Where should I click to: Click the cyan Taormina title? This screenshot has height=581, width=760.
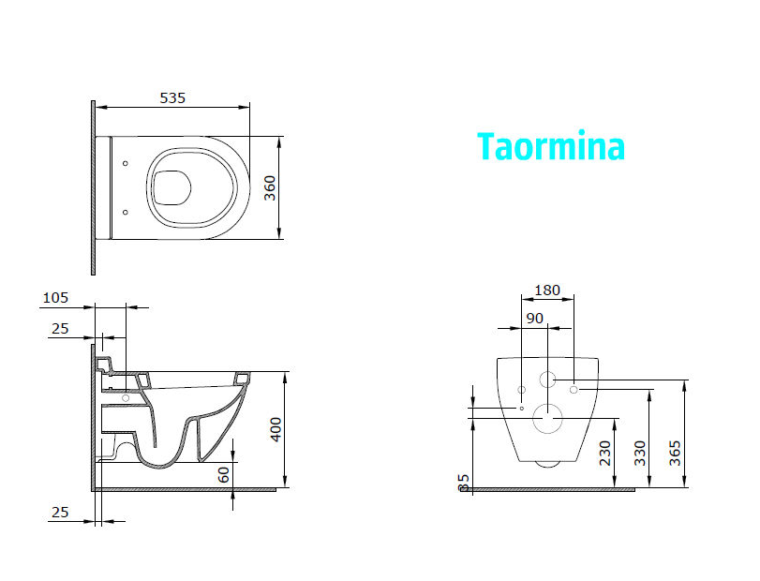click(x=550, y=147)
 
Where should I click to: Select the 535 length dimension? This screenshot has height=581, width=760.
click(x=172, y=97)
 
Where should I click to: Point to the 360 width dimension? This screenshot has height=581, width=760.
click(x=269, y=188)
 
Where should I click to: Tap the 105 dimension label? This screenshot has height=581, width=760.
click(x=55, y=298)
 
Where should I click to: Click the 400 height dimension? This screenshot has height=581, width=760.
click(x=274, y=429)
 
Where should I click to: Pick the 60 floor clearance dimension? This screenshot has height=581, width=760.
click(x=224, y=474)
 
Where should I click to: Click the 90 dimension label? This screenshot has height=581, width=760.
click(x=534, y=319)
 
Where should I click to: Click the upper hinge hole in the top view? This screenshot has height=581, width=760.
click(x=125, y=163)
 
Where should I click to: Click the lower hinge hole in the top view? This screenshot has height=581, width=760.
click(x=125, y=213)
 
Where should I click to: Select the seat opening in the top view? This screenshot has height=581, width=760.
click(x=171, y=188)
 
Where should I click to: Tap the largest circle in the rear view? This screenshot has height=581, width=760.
click(x=546, y=418)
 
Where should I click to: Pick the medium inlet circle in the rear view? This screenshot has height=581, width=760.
click(x=548, y=380)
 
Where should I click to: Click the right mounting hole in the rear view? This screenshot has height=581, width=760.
click(x=574, y=388)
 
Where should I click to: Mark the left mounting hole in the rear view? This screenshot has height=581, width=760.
click(x=521, y=388)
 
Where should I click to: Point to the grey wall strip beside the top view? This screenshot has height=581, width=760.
click(x=93, y=187)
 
